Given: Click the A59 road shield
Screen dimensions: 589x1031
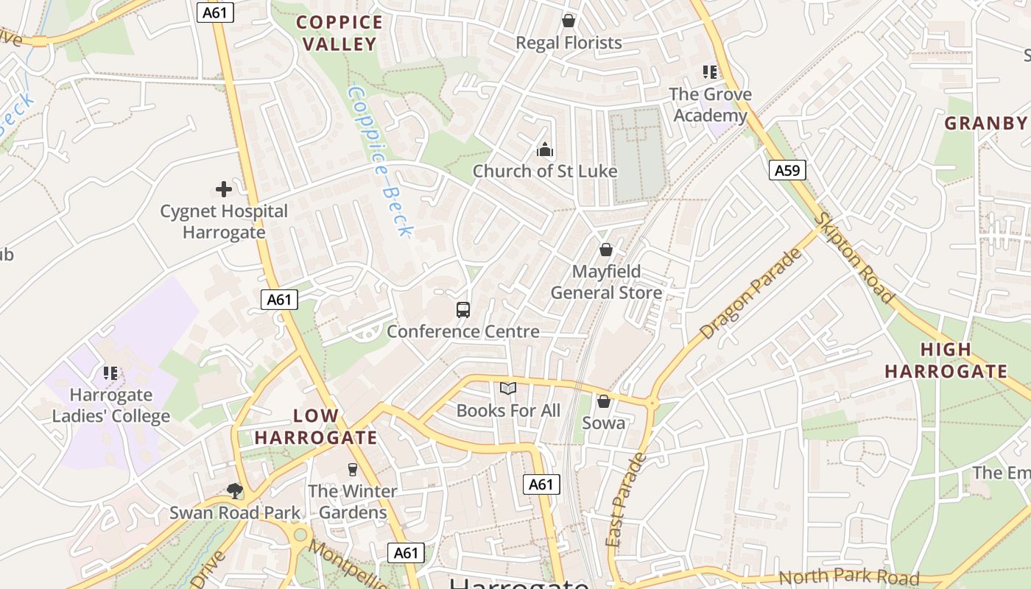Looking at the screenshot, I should pyautogui.click(x=787, y=171).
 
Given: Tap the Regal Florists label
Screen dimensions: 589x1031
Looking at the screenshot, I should pyautogui.click(x=569, y=43).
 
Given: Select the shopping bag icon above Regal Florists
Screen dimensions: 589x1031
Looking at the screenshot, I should pyautogui.click(x=569, y=21).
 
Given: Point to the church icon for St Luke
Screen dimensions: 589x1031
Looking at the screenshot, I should pyautogui.click(x=545, y=150).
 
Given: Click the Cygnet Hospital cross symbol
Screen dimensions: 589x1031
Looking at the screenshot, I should pyautogui.click(x=224, y=190).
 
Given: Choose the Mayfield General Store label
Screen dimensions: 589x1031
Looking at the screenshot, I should pyautogui.click(x=606, y=282).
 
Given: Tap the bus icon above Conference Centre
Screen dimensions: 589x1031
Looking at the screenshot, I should pyautogui.click(x=463, y=310).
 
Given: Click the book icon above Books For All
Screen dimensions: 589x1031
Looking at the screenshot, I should pyautogui.click(x=508, y=389).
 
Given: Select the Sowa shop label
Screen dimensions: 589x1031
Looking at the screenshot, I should pyautogui.click(x=603, y=423).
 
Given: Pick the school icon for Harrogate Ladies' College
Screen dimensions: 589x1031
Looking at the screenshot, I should pyautogui.click(x=111, y=373).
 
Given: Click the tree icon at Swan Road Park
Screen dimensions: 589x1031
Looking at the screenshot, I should pyautogui.click(x=235, y=490).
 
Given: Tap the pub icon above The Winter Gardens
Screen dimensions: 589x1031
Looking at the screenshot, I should pyautogui.click(x=352, y=469).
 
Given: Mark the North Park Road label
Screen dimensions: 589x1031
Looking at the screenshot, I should pyautogui.click(x=848, y=577).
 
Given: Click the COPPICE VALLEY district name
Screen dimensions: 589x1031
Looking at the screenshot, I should pyautogui.click(x=339, y=33).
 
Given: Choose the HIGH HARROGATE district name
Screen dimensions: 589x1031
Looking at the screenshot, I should pyautogui.click(x=946, y=361).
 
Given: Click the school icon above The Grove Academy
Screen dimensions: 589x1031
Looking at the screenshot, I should pyautogui.click(x=710, y=72).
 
